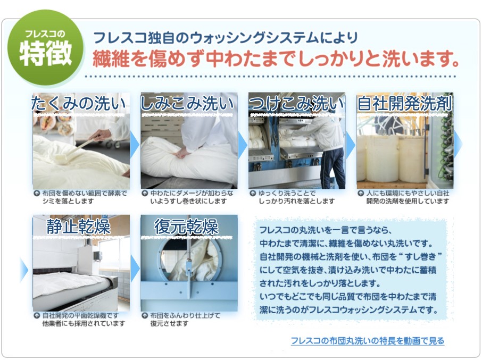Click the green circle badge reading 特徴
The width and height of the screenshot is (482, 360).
46,48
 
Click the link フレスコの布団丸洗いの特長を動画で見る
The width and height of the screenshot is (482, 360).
367,341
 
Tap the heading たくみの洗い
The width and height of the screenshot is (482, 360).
78,104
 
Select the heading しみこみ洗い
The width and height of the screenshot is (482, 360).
187,104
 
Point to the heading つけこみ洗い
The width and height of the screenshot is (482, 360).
296,104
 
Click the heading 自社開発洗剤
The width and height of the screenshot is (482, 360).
404,104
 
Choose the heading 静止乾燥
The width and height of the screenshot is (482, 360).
78,227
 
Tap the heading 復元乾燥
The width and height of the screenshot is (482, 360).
186,227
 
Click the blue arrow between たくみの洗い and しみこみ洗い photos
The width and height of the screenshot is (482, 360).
135,144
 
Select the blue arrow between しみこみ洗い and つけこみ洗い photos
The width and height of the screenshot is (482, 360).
243,144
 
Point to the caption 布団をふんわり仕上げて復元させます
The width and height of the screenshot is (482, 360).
185,320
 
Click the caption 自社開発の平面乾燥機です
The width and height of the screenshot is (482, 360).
80,315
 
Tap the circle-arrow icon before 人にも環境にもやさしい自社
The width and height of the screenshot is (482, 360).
361,194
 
